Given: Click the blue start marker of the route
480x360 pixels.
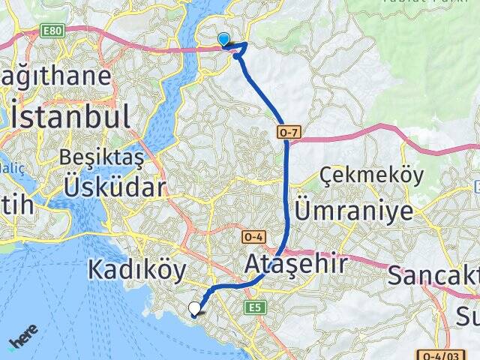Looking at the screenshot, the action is [223, 40].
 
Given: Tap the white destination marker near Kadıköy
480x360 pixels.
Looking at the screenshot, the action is [195, 307].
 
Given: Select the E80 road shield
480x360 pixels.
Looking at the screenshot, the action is [50, 31].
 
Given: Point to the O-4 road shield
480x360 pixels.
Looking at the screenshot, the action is [251, 237].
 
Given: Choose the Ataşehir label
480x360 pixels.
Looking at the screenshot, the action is [296, 264].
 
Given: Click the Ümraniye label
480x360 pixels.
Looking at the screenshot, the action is [354, 210].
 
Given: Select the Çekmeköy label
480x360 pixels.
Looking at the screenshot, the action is [371, 175].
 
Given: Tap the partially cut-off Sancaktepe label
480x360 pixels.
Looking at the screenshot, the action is [435, 275].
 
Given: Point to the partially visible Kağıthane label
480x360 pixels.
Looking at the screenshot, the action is [56, 76].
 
